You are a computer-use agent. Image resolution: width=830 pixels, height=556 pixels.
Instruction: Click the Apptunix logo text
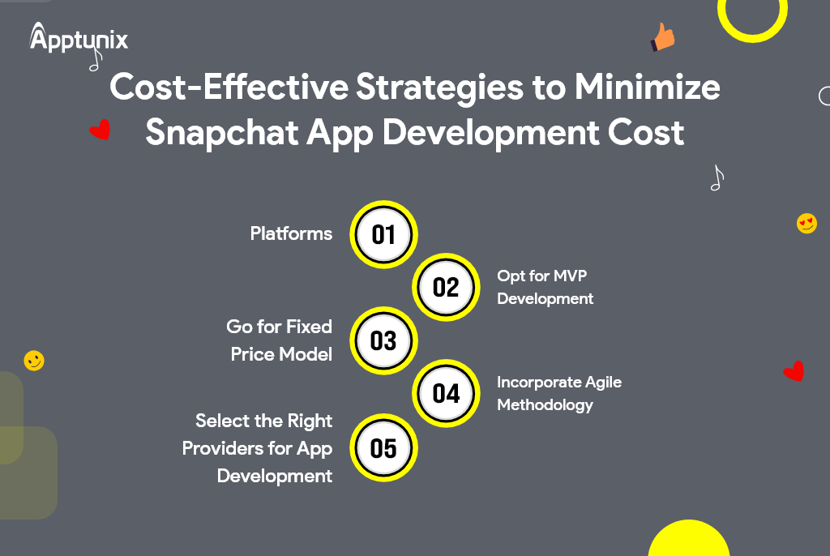point(79,38)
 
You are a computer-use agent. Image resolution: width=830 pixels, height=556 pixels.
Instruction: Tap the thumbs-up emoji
point(663,37)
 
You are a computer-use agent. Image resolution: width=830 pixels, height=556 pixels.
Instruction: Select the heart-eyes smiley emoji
point(806,223)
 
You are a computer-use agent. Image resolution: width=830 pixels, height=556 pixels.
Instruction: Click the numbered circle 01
point(383,234)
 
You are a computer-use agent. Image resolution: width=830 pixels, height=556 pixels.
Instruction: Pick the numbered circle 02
point(446,287)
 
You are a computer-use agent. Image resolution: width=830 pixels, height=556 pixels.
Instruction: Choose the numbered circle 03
point(383,340)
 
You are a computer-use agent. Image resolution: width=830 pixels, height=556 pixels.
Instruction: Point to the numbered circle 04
point(446,393)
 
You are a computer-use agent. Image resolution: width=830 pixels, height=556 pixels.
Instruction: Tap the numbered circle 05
point(383,447)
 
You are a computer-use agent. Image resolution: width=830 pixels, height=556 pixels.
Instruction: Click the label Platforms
point(291,234)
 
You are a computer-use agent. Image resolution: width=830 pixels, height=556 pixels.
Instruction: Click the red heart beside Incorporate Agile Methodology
point(793,371)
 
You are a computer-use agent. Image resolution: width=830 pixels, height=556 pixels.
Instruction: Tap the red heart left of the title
point(100,130)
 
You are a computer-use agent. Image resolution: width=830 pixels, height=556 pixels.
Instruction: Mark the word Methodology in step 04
point(545,404)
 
